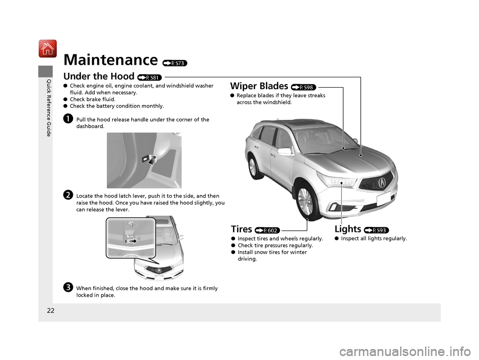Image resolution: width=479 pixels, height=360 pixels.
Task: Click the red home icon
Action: tap(47, 48)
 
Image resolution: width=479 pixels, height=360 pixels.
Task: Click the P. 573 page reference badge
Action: tap(175, 63)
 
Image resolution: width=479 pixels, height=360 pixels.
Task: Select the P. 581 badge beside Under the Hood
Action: tap(149, 78)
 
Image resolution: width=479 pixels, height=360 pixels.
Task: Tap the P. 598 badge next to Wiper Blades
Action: tap(304, 87)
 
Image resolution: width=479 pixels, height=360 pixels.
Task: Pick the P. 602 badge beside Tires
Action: tap(267, 230)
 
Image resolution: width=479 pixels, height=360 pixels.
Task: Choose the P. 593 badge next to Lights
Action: tap(376, 230)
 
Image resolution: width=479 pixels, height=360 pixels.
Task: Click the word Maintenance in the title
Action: tap(111, 59)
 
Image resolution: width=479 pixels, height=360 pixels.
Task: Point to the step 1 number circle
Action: tap(68, 119)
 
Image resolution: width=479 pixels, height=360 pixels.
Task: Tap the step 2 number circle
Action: tap(68, 195)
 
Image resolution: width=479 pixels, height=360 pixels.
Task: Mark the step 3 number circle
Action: tap(68, 287)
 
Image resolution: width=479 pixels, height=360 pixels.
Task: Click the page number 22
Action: tap(51, 311)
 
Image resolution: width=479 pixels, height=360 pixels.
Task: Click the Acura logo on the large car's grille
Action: tap(382, 182)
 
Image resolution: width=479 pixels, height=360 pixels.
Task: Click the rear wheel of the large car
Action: tap(254, 167)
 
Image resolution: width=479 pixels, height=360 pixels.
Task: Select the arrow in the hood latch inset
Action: tap(132, 241)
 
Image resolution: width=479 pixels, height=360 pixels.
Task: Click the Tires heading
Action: tap(241, 229)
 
